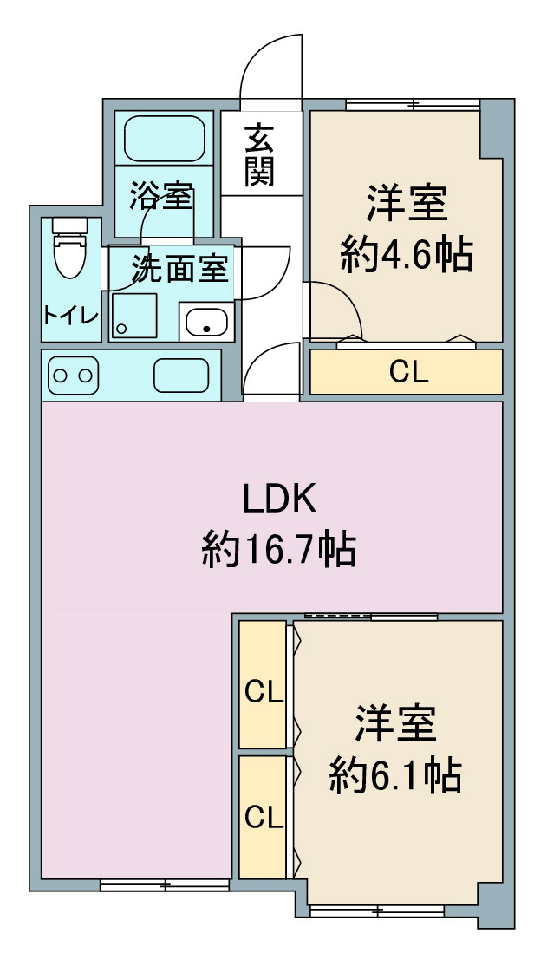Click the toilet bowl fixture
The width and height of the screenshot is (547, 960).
[x=69, y=249]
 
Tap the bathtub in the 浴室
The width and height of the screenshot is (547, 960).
[x=164, y=139]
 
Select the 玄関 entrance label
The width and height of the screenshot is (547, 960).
[x=259, y=155]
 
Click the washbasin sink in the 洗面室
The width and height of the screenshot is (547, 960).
[x=207, y=322]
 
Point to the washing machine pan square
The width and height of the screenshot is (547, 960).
[x=134, y=316]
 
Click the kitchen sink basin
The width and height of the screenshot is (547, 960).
[x=181, y=376]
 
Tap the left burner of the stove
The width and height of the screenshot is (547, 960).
[x=61, y=375]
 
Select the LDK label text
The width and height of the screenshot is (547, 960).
[x=280, y=499]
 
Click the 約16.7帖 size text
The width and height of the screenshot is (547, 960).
[x=279, y=549]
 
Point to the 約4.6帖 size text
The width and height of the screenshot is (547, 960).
[x=407, y=255]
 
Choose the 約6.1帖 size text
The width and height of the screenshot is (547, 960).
[x=395, y=775]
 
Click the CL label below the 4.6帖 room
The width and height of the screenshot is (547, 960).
[x=408, y=372]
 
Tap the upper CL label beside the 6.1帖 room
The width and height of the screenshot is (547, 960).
[x=264, y=692]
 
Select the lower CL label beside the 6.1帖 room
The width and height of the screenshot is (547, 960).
[x=264, y=817]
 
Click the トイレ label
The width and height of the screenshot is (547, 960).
[x=70, y=316]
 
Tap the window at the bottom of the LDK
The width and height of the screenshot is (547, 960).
[x=165, y=885]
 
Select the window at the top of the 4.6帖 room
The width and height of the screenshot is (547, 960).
[x=413, y=104]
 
